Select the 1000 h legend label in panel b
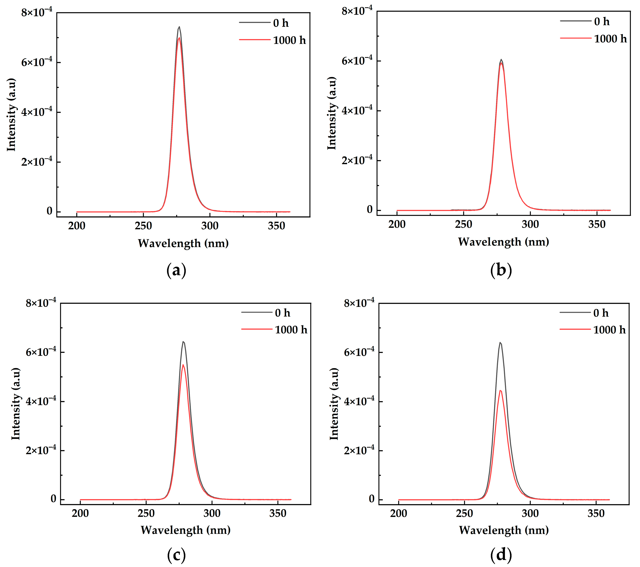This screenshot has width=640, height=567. point(610,39)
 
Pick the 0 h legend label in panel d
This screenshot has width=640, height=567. point(601,313)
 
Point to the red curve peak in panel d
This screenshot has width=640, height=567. point(500,391)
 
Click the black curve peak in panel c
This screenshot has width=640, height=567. point(183,342)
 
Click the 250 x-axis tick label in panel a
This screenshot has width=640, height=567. point(143,226)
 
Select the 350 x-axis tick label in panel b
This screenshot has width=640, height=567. point(597,224)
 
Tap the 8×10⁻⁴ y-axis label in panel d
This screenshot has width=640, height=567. point(359,303)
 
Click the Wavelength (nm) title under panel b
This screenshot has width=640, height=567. point(503,242)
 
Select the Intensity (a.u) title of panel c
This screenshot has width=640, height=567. point(16,404)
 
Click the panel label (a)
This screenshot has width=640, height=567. point(176,270)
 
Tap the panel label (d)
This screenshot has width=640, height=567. point(501,554)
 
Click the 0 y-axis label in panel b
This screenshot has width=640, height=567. point(369,210)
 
